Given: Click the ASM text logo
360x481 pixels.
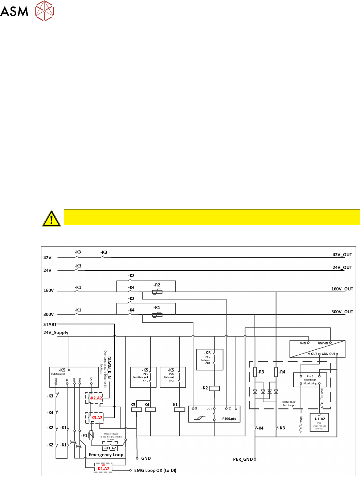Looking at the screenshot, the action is point(14,11).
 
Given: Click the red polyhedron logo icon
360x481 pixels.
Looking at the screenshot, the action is point(44,11).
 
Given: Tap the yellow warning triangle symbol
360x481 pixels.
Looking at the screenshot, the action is point(52,219).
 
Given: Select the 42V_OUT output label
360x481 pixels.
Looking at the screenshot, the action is point(342,255).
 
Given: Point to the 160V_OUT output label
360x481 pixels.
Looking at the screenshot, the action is point(342,289).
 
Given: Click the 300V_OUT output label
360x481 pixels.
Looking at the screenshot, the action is point(342,312).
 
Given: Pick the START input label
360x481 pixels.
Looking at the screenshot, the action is point(50,325).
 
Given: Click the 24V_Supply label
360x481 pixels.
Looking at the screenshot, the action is point(56,333).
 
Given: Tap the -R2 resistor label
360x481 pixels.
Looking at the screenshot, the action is point(157,285).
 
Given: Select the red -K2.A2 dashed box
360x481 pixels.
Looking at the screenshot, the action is point(94,398).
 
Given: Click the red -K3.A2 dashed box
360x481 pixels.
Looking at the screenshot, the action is point(94,418).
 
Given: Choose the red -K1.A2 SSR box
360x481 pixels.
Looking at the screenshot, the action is point(103,468).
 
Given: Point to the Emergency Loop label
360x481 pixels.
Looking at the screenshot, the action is point(106,455).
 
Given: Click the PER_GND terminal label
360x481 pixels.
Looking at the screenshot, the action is point(243,459).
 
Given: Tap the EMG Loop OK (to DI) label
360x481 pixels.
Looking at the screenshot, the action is point(155,470).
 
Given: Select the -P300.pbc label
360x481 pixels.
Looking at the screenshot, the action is point(229,419).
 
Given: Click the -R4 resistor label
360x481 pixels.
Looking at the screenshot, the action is point(282,372).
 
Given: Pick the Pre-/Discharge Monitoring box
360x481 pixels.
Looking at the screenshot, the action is point(310,380).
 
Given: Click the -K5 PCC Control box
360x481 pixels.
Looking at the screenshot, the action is point(74,377).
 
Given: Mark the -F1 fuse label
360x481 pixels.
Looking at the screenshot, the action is point(84,436).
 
